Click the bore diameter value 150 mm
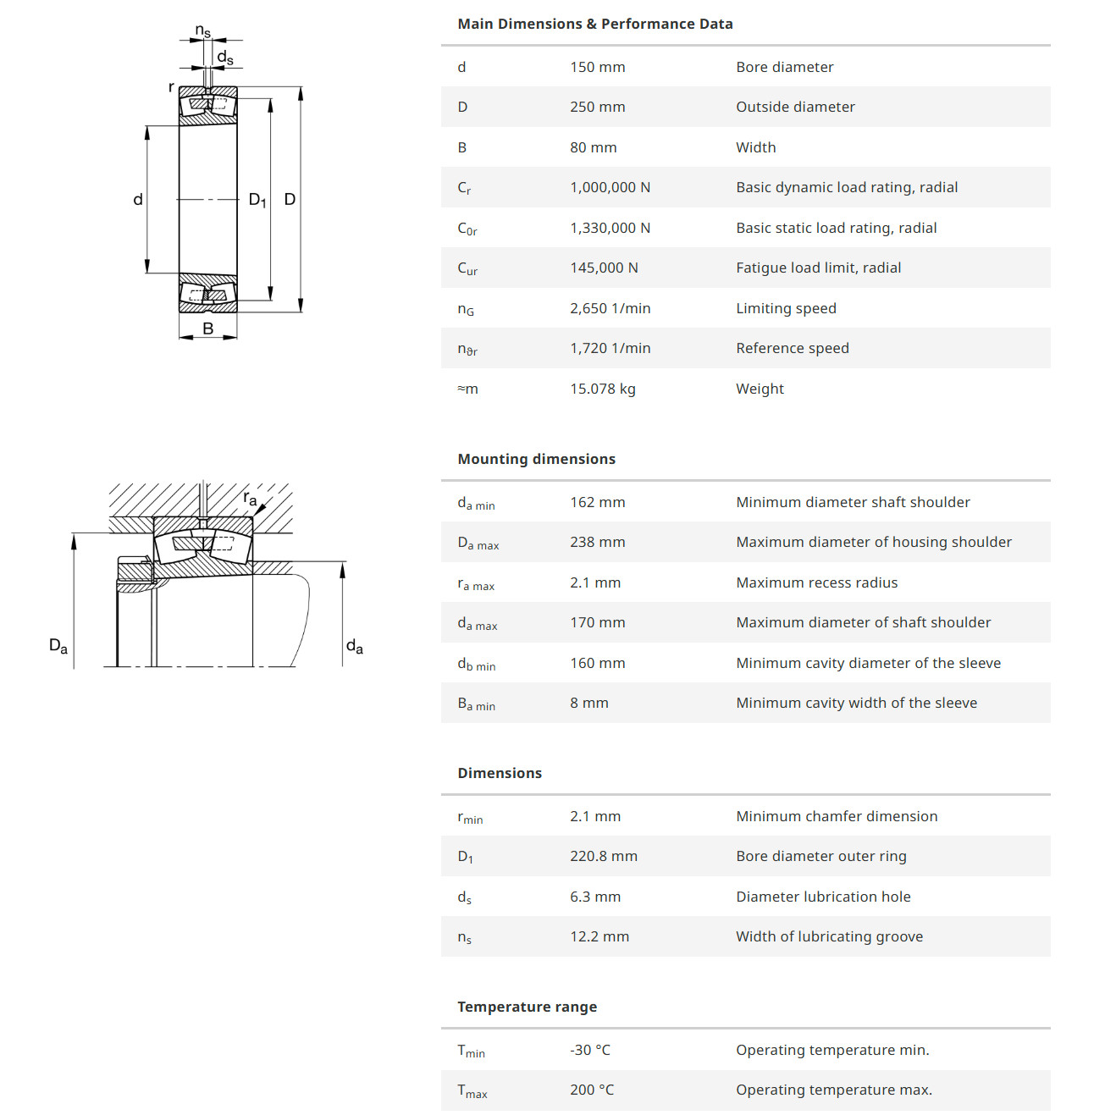(597, 67)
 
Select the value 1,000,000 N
(610, 187)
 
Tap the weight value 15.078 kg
(602, 389)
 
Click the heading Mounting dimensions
(536, 459)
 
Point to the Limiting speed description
(786, 308)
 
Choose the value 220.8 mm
(603, 856)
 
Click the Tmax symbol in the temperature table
(472, 1090)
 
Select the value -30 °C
(589, 1050)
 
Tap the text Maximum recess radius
(816, 582)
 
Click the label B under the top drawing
(208, 328)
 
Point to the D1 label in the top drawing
(257, 200)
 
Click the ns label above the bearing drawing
(203, 31)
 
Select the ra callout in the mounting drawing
(250, 498)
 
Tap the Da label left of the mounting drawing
(58, 646)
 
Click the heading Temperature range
(527, 1007)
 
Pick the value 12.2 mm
(599, 936)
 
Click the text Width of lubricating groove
(829, 936)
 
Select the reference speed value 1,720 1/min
(610, 348)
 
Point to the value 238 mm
(597, 542)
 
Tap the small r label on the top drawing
(171, 86)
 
